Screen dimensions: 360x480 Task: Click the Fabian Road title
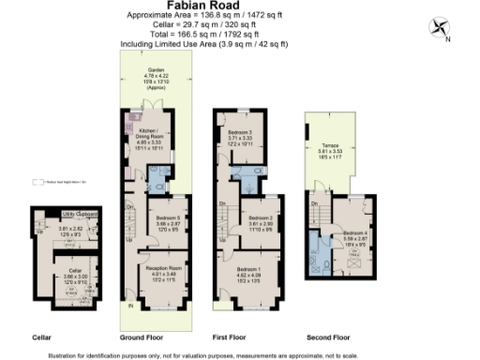[x=202, y=6]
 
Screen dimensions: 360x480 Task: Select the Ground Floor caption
[x=142, y=336]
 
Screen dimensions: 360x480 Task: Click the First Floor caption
[x=238, y=336]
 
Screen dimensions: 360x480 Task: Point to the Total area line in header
[x=202, y=36]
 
